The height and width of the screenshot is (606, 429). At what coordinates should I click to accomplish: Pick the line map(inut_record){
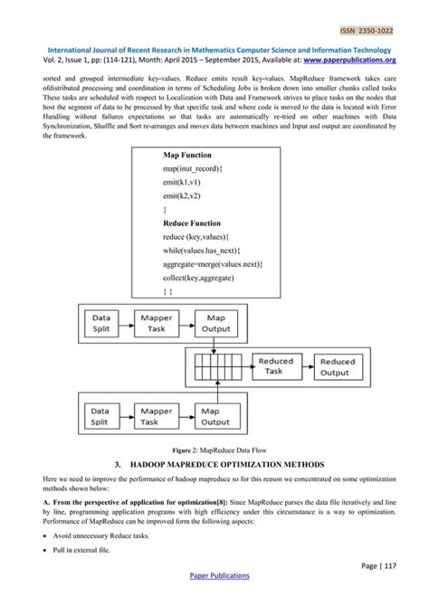tap(198, 170)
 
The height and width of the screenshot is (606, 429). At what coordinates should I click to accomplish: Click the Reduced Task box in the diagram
tap(275, 366)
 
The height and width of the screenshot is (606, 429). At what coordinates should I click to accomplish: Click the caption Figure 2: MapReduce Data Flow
tap(214, 448)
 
